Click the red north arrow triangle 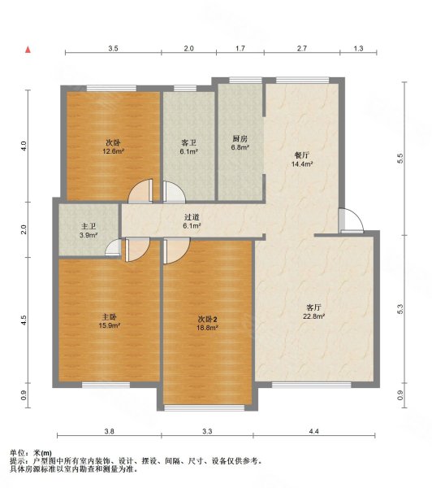coord(28,50)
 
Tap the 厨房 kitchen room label coord(240,138)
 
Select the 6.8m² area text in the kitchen coord(240,147)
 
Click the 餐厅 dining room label coord(302,155)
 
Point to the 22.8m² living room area coord(314,316)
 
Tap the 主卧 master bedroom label coord(110,317)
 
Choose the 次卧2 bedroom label coord(208,319)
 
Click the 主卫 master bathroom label coord(89,227)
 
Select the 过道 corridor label coord(192,217)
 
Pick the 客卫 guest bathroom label coord(189,143)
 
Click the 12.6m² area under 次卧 coord(114,151)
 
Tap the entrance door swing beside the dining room coord(351,220)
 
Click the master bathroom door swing coord(113,248)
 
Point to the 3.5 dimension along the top coord(113,49)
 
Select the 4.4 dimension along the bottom coord(314,431)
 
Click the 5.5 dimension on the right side coord(400,158)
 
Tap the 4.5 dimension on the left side coord(24,320)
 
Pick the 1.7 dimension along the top coord(240,49)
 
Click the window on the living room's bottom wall coord(311,385)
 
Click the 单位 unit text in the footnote coord(17,453)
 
